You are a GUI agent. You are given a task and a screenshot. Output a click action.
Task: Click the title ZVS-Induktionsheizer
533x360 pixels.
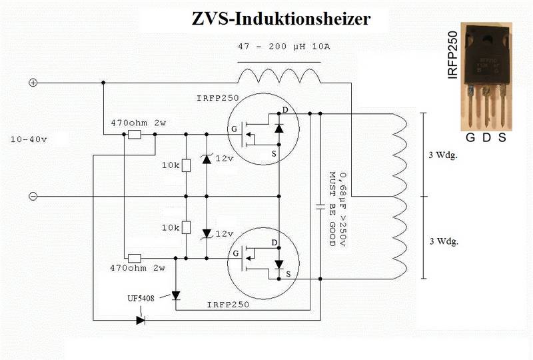coord(281,19)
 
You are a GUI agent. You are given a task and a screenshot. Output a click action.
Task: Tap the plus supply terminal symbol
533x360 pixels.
coord(33,83)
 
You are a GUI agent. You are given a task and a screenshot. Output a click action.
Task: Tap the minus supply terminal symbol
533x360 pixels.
coord(33,196)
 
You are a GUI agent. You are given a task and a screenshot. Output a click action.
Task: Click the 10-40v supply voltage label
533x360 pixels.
coord(29,139)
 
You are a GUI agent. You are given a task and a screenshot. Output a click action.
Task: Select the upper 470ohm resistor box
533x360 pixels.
coord(135,135)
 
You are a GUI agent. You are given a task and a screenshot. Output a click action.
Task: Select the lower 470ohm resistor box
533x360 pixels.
coord(135,259)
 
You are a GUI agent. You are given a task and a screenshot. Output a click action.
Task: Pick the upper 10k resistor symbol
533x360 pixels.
coord(186,166)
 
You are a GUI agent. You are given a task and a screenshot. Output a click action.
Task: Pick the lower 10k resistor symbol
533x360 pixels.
coord(186,227)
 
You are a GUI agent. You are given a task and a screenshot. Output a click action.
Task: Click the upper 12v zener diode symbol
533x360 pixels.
coord(207,159)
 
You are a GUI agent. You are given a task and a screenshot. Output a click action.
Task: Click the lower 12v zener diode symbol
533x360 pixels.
coord(207,234)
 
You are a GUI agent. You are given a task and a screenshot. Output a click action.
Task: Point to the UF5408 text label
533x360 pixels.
coord(141,299)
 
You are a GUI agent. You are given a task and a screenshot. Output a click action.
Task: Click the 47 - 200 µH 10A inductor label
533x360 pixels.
coord(284,47)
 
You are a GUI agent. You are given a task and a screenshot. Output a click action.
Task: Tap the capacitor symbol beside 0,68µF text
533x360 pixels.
coord(320,206)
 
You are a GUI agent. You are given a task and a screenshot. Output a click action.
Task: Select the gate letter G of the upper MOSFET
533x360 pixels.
coord(234,129)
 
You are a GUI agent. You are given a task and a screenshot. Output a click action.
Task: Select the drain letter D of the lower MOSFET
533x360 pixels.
coord(274,243)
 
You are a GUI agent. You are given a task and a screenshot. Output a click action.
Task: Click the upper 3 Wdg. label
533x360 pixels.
coord(443,155)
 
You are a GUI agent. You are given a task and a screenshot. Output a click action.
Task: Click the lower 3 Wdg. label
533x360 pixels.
coord(444,241)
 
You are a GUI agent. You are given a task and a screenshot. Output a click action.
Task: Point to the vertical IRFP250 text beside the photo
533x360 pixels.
coord(453,55)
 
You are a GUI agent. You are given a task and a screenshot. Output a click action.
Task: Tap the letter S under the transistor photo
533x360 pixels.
coord(502,137)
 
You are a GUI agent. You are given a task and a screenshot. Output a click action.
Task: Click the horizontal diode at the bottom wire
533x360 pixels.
coord(141,320)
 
